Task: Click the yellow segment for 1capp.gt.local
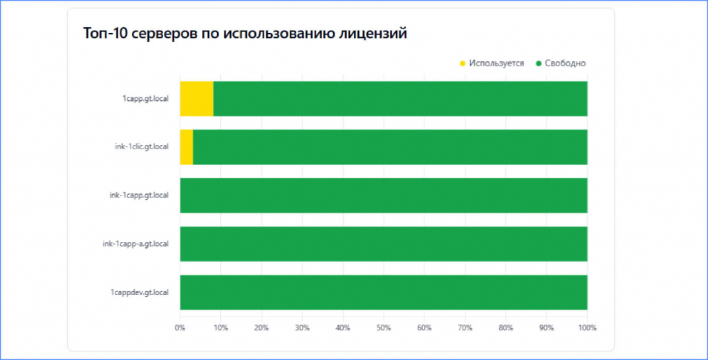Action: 196,98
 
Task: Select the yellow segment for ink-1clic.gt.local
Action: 187,147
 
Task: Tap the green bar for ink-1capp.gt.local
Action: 384,196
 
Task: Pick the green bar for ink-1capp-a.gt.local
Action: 384,244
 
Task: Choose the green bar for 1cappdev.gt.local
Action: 384,292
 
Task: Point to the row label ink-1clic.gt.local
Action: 142,147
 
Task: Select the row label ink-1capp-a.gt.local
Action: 136,244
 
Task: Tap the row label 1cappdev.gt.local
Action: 140,293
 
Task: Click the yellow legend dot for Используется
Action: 463,64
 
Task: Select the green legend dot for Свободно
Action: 538,64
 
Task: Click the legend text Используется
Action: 496,64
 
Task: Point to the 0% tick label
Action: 180,328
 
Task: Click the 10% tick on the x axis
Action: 221,328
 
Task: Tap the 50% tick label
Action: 384,328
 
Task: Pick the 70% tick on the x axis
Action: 465,328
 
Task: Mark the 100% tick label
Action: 588,328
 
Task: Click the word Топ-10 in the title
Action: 105,33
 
